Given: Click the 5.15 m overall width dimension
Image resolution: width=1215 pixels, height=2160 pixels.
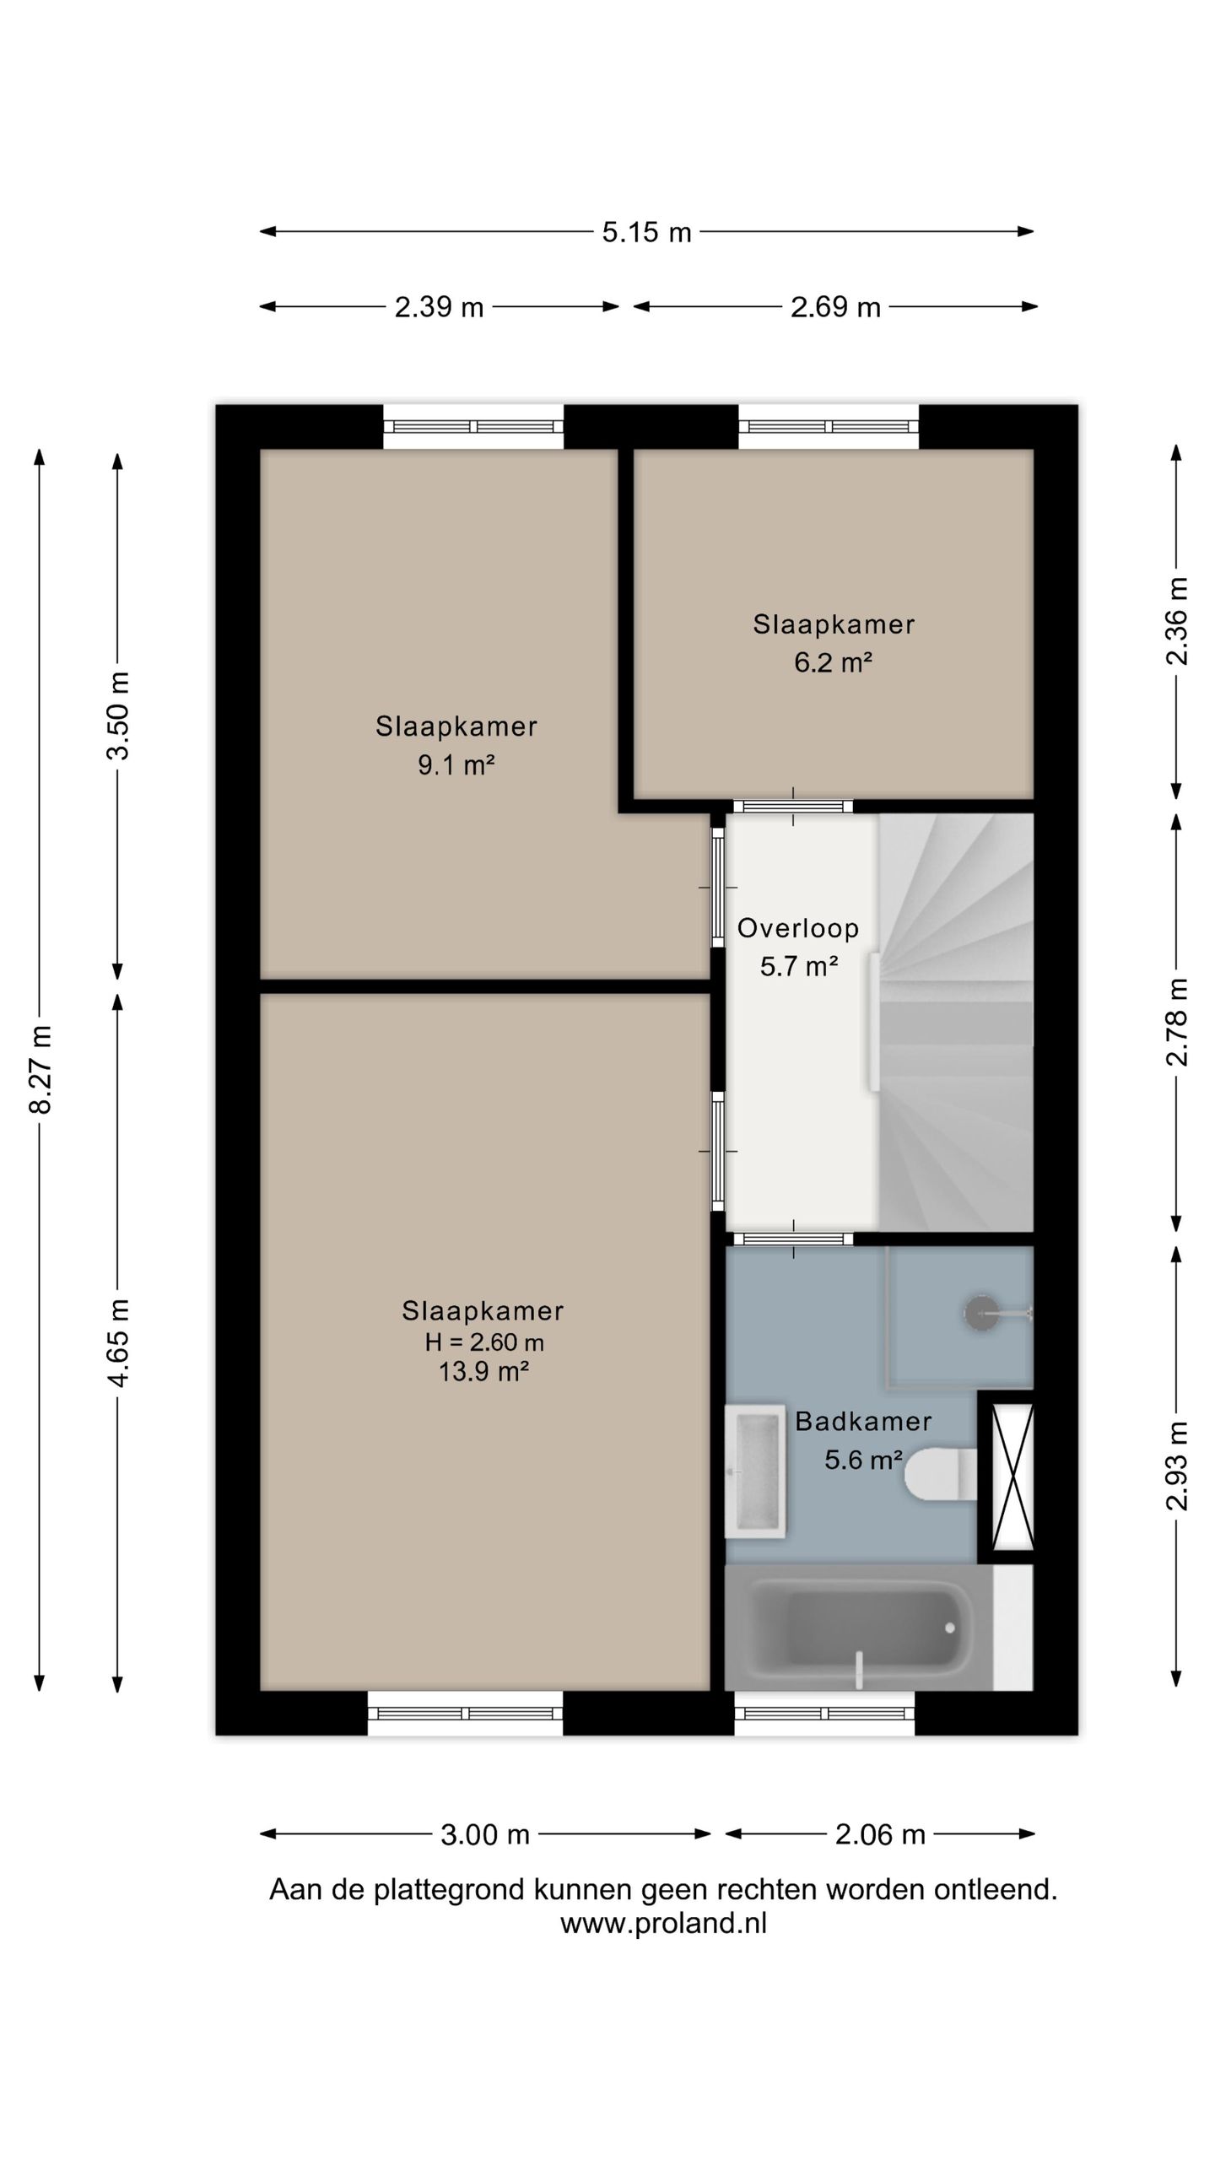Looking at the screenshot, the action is [646, 232].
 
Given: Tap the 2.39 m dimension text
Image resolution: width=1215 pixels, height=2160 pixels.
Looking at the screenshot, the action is [439, 307].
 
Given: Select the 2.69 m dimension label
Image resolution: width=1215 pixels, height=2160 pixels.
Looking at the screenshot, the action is [835, 307].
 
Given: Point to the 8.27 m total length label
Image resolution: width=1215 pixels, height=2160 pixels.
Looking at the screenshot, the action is [40, 1070].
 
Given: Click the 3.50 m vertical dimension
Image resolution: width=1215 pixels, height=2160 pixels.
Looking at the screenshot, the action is [118, 715].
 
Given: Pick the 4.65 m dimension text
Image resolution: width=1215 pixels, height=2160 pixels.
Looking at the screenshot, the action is [118, 1342].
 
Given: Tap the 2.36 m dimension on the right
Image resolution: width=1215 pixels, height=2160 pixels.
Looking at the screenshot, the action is [1177, 622].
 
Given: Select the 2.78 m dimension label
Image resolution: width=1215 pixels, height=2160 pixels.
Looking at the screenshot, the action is [1177, 1022].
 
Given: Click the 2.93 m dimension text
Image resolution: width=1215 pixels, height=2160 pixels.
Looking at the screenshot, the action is [1177, 1466].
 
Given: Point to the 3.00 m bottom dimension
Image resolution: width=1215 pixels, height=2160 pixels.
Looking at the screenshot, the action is [485, 1834].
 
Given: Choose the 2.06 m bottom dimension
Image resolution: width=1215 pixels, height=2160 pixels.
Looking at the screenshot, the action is [880, 1834].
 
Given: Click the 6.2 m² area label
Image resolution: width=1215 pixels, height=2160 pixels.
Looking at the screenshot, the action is [833, 662].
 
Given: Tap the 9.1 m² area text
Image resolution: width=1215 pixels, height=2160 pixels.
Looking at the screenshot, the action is [456, 765].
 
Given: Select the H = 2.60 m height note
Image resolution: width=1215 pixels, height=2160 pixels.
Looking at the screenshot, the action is [484, 1342].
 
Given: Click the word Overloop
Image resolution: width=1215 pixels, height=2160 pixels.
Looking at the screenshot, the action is [798, 928].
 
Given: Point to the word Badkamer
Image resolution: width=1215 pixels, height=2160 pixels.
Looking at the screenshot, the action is [863, 1422].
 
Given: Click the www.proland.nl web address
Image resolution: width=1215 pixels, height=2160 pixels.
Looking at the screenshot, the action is [663, 1924].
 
